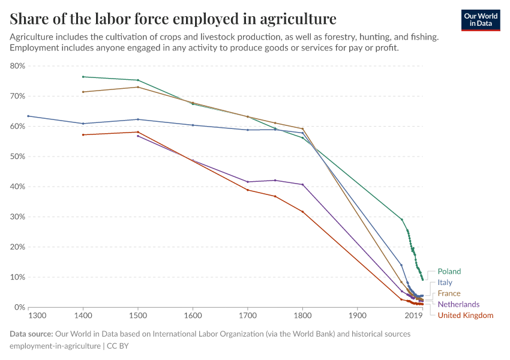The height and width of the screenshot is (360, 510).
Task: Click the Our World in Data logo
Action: click(x=481, y=20)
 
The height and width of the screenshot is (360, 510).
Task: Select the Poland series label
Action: click(x=449, y=271)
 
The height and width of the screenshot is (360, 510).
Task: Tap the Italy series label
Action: click(x=445, y=282)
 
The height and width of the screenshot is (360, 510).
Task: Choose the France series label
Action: click(x=449, y=293)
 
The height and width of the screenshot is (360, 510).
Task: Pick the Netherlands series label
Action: click(x=458, y=304)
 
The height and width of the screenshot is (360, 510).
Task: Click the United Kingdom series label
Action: click(x=465, y=315)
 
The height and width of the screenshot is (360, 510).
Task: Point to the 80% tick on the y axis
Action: click(x=17, y=66)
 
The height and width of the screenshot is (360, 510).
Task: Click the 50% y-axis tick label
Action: click(x=17, y=157)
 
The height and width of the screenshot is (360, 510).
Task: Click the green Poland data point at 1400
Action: click(x=83, y=77)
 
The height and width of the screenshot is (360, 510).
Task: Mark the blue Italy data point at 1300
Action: click(x=28, y=116)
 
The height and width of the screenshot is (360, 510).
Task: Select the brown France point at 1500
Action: click(x=138, y=87)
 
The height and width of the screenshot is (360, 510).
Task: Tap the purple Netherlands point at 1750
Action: click(x=275, y=180)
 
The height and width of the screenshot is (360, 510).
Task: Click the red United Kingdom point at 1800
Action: click(x=302, y=211)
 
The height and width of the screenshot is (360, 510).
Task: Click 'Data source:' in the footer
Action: click(x=31, y=334)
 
